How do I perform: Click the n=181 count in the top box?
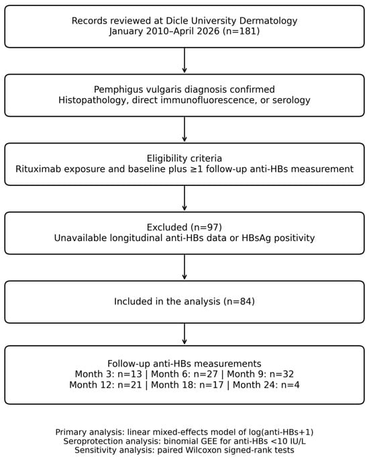pyautogui.click(x=241, y=32)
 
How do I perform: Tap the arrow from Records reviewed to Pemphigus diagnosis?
pyautogui.click(x=184, y=60)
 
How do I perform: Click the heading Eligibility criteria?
pyautogui.click(x=184, y=158)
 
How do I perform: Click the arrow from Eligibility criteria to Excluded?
pyautogui.click(x=184, y=198)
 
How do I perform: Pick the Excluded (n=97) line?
pyautogui.click(x=184, y=227)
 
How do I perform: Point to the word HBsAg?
pyautogui.click(x=254, y=238)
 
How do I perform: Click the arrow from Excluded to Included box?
pyautogui.click(x=184, y=267)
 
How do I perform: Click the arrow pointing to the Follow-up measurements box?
pyautogui.click(x=184, y=334)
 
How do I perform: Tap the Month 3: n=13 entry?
pyautogui.click(x=109, y=374)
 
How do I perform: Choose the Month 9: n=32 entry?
pyautogui.click(x=260, y=374)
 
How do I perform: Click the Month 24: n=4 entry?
pyautogui.click(x=266, y=385)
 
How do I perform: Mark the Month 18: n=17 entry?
pyautogui.click(x=187, y=385)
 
